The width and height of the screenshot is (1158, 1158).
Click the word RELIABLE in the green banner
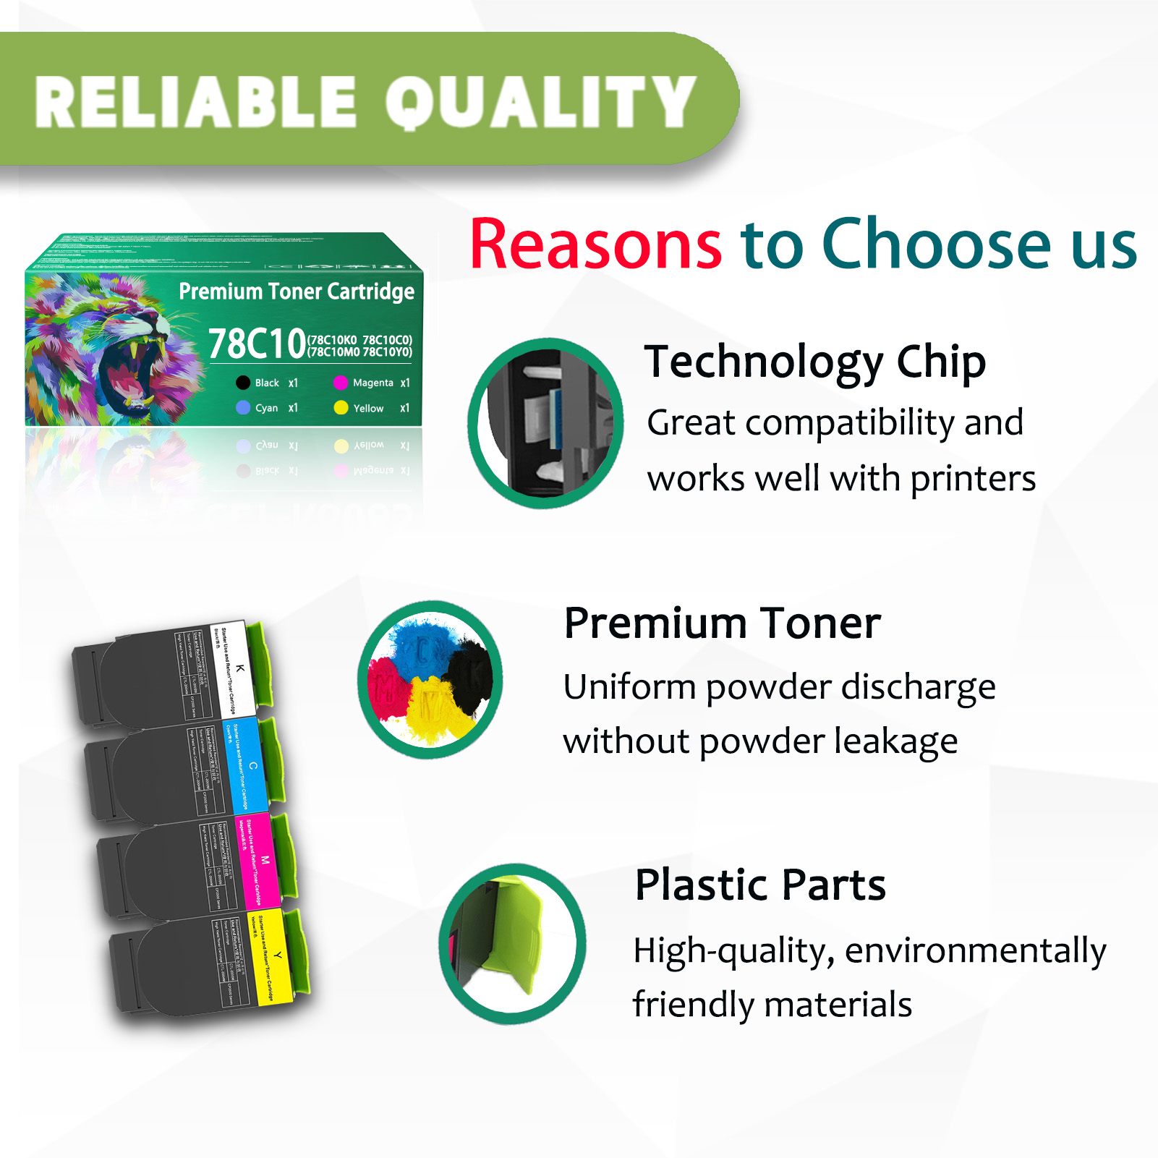click(195, 103)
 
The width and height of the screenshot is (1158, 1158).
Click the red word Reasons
click(595, 244)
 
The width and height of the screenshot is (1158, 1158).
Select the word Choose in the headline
click(936, 244)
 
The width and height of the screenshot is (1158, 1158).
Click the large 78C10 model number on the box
click(257, 344)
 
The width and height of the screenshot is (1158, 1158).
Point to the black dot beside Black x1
click(243, 383)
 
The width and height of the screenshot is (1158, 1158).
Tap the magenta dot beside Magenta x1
click(341, 383)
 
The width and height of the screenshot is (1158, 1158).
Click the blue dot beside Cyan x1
click(243, 408)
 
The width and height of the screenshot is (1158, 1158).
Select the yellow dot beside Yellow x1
click(341, 408)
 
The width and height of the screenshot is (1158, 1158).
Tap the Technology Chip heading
click(815, 362)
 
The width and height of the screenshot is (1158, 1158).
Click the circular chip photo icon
click(546, 423)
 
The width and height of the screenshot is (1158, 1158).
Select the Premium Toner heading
click(722, 623)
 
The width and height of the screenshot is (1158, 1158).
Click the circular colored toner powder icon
click(430, 680)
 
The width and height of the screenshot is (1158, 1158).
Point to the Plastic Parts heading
click(760, 885)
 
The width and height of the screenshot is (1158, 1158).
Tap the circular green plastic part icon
click(512, 943)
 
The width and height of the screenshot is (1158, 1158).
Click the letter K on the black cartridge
click(240, 668)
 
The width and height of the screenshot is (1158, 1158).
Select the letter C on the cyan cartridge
click(252, 765)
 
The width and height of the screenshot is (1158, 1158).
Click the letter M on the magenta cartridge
click(265, 861)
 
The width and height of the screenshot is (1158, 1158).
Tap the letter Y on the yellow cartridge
click(277, 955)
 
